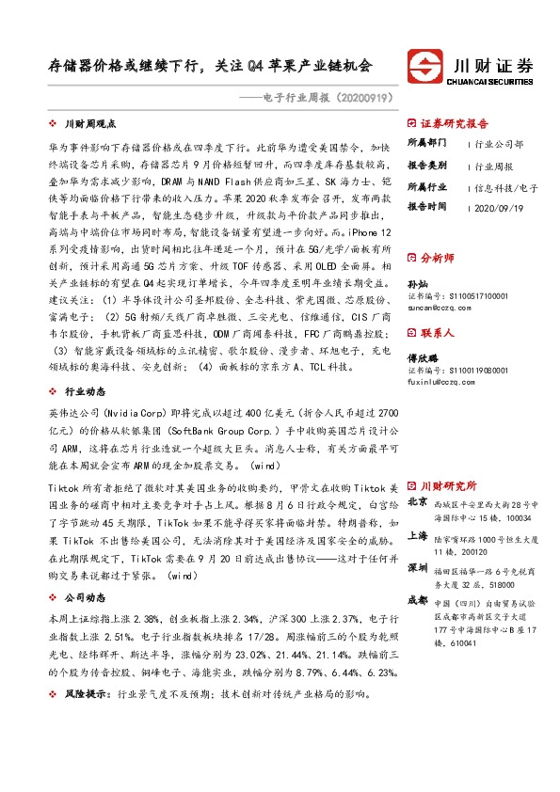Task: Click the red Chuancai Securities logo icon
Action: [425, 67]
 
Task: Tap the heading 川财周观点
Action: [90, 123]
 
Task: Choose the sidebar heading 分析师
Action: [435, 256]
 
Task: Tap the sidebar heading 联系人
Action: [435, 332]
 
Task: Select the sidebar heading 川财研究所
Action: [447, 485]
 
